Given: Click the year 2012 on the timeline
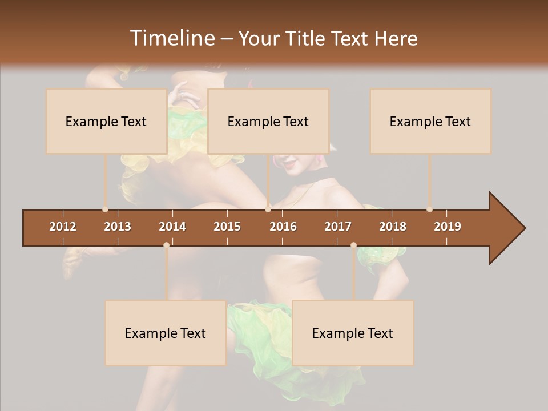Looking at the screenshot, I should [x=63, y=227].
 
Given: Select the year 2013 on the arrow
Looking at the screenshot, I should [x=118, y=227].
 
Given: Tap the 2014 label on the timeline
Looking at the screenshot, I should [x=172, y=227].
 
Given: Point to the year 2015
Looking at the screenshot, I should [x=227, y=227].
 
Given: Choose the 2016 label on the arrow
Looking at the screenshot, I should [x=283, y=227].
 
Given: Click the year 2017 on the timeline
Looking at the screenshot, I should [x=338, y=227].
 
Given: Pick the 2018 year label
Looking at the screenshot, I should [x=393, y=227].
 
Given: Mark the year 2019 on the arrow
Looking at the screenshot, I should [x=448, y=227].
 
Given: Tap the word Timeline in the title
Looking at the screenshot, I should [x=171, y=38].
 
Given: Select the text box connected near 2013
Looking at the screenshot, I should [x=106, y=121].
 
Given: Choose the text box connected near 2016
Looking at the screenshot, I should [x=268, y=121].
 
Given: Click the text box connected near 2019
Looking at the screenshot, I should [x=430, y=121].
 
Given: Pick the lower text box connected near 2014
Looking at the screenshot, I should [x=166, y=333].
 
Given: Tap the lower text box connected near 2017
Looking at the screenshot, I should [x=353, y=333].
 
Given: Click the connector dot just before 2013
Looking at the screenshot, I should [x=105, y=209].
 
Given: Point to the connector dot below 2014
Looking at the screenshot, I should [x=166, y=245].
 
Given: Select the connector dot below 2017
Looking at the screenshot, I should [x=353, y=245].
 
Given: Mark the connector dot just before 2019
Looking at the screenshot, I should [x=429, y=209].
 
